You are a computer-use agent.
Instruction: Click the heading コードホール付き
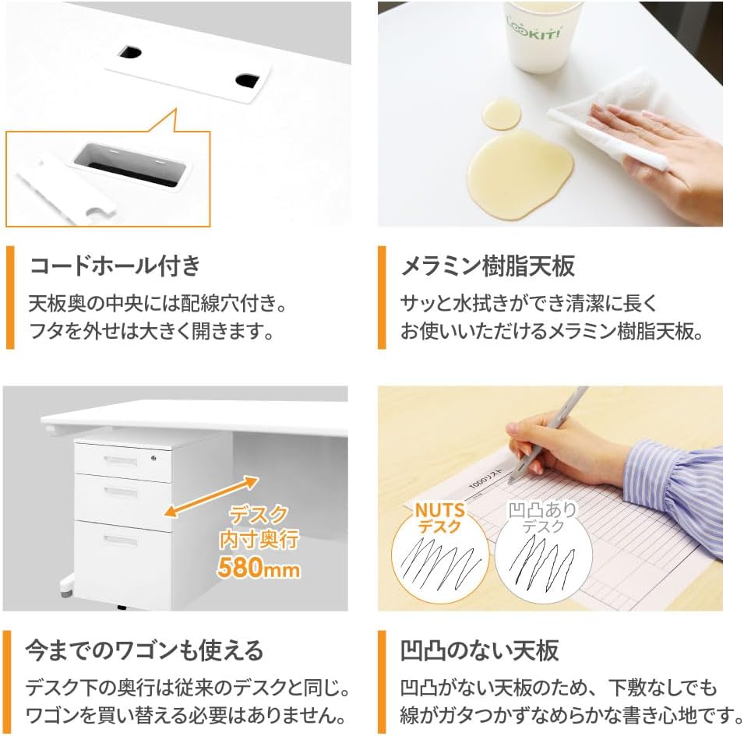click(115, 266)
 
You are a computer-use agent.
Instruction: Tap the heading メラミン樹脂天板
click(488, 266)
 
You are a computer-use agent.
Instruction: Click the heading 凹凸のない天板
click(479, 650)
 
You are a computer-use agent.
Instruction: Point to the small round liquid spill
click(501, 114)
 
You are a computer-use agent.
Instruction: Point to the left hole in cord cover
click(129, 53)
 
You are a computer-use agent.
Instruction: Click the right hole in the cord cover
click(248, 79)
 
